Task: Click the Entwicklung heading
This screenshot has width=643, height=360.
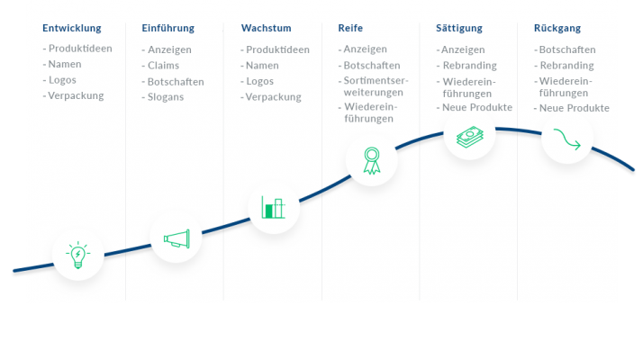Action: coord(72,28)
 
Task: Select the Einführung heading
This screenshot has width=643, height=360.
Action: coord(168,28)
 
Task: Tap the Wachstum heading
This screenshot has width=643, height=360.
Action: coord(267,28)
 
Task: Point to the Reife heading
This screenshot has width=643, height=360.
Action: coord(350,28)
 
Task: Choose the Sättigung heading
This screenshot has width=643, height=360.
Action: coord(459,28)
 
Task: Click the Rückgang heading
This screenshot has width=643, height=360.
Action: coord(557,28)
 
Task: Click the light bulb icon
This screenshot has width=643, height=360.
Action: coord(78,255)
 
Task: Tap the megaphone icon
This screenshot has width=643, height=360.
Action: coord(177,238)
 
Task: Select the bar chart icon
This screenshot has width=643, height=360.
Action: coord(273,207)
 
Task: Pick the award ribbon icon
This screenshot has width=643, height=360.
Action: coord(372,161)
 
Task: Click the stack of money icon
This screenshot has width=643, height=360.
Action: coord(470,137)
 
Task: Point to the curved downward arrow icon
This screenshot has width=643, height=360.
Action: coord(567,139)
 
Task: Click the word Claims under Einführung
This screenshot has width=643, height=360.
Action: coord(163,66)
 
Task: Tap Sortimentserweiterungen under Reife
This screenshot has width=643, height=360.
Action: coord(376,86)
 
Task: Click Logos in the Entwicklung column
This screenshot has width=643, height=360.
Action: coord(62,80)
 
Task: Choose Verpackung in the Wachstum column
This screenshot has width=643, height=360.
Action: coord(273,97)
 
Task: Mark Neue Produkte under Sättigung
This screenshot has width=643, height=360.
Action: coord(477,107)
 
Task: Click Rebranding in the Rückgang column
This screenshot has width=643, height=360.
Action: coord(566,66)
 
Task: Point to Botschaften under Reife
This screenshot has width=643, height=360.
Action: coord(372,66)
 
